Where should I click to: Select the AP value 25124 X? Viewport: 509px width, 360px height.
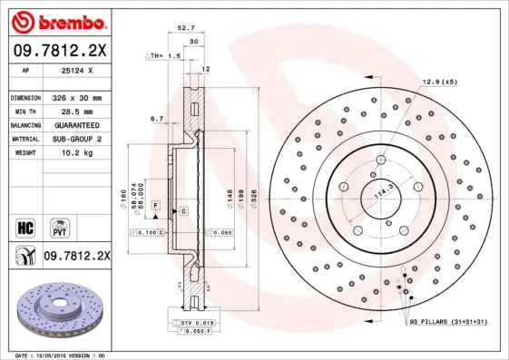(x=76, y=70)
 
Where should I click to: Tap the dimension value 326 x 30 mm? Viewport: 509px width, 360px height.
(x=76, y=97)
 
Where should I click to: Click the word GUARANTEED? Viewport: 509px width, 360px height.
(x=76, y=124)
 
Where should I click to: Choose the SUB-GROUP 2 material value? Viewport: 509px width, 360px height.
(x=76, y=139)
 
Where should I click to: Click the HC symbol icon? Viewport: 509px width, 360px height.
(x=25, y=224)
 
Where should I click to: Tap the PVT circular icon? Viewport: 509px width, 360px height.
(x=58, y=224)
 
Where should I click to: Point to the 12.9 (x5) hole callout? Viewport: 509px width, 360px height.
(x=438, y=83)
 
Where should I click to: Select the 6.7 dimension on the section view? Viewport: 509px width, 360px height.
(x=156, y=118)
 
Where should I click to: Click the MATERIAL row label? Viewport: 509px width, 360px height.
(x=24, y=139)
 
